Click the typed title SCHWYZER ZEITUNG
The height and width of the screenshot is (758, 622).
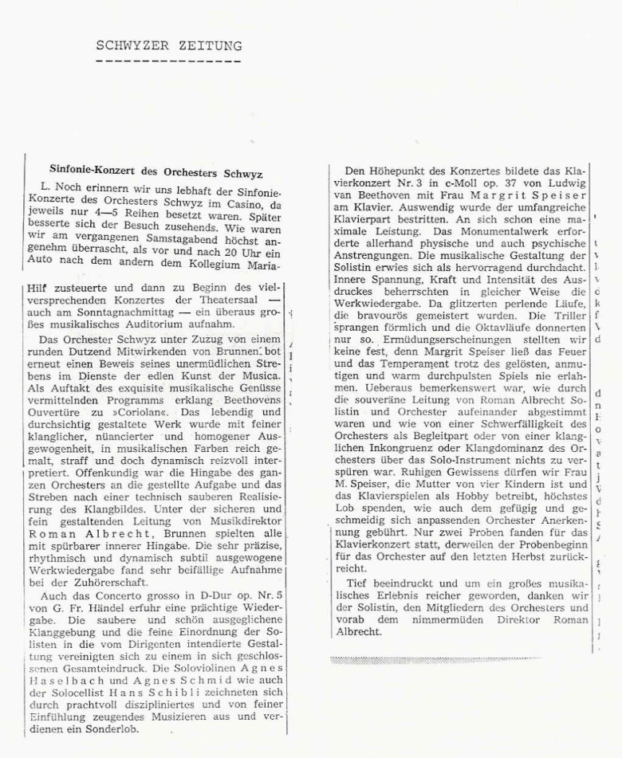169,45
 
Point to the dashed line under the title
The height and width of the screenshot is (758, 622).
169,60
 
